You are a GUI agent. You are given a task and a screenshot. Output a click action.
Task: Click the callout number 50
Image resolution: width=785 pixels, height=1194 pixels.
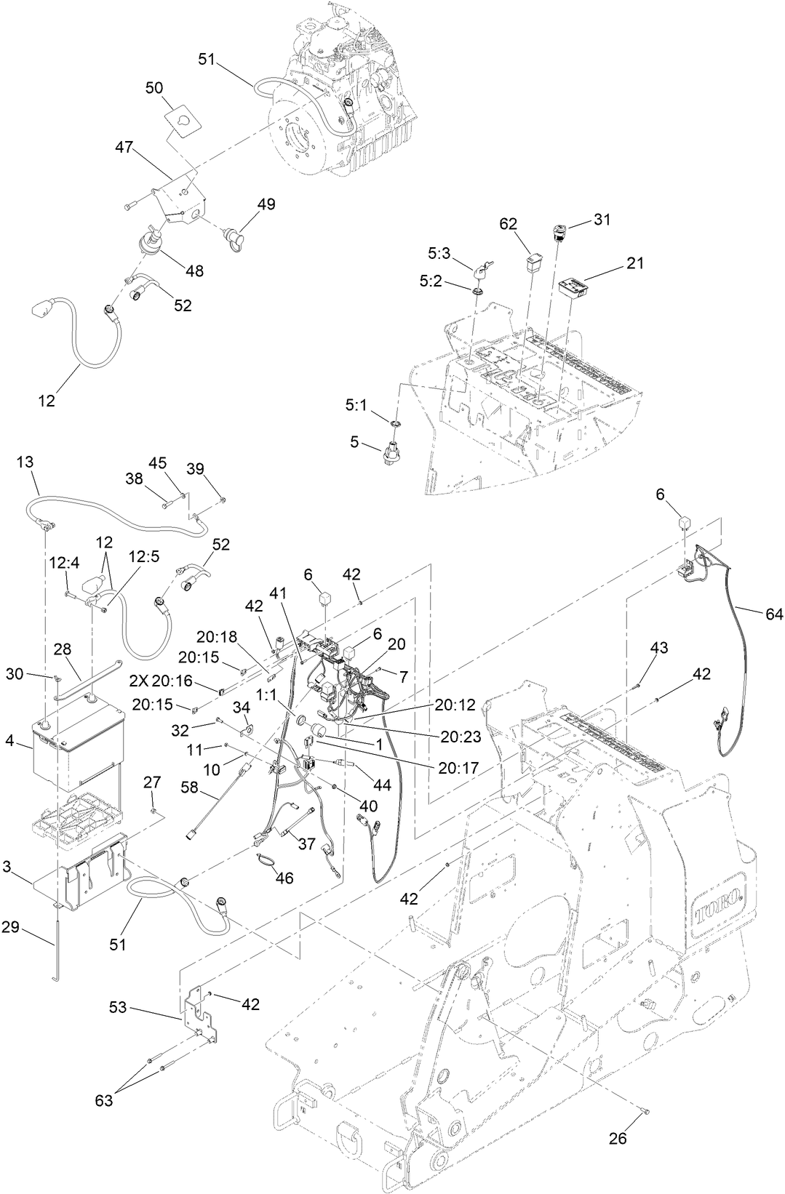[x=154, y=88]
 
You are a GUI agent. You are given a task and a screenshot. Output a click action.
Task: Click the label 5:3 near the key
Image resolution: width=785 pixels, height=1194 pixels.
[x=439, y=255]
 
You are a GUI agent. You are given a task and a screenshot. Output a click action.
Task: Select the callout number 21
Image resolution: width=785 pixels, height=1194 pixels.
[x=635, y=263]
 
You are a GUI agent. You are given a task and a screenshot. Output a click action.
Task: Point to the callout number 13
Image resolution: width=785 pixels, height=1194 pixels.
[x=25, y=462]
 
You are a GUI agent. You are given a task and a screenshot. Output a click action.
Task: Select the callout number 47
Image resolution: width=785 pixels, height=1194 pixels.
[x=124, y=146]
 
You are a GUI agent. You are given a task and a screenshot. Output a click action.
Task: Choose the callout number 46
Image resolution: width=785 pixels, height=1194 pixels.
[x=284, y=878]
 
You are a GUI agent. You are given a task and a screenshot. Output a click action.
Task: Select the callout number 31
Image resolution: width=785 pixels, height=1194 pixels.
[x=602, y=219]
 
